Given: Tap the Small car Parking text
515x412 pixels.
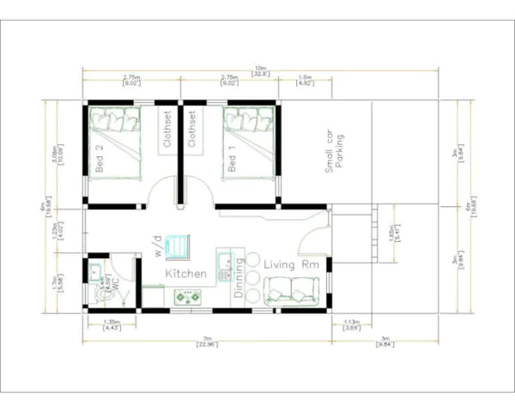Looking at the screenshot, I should [334, 154].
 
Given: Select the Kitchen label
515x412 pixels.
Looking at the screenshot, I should [185, 273].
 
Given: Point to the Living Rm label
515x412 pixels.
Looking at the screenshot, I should [291, 265].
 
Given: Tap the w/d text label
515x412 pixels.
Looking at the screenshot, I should [159, 248].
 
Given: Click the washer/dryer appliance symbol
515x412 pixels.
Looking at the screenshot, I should [179, 245].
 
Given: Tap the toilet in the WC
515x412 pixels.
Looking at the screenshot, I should [105, 294].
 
